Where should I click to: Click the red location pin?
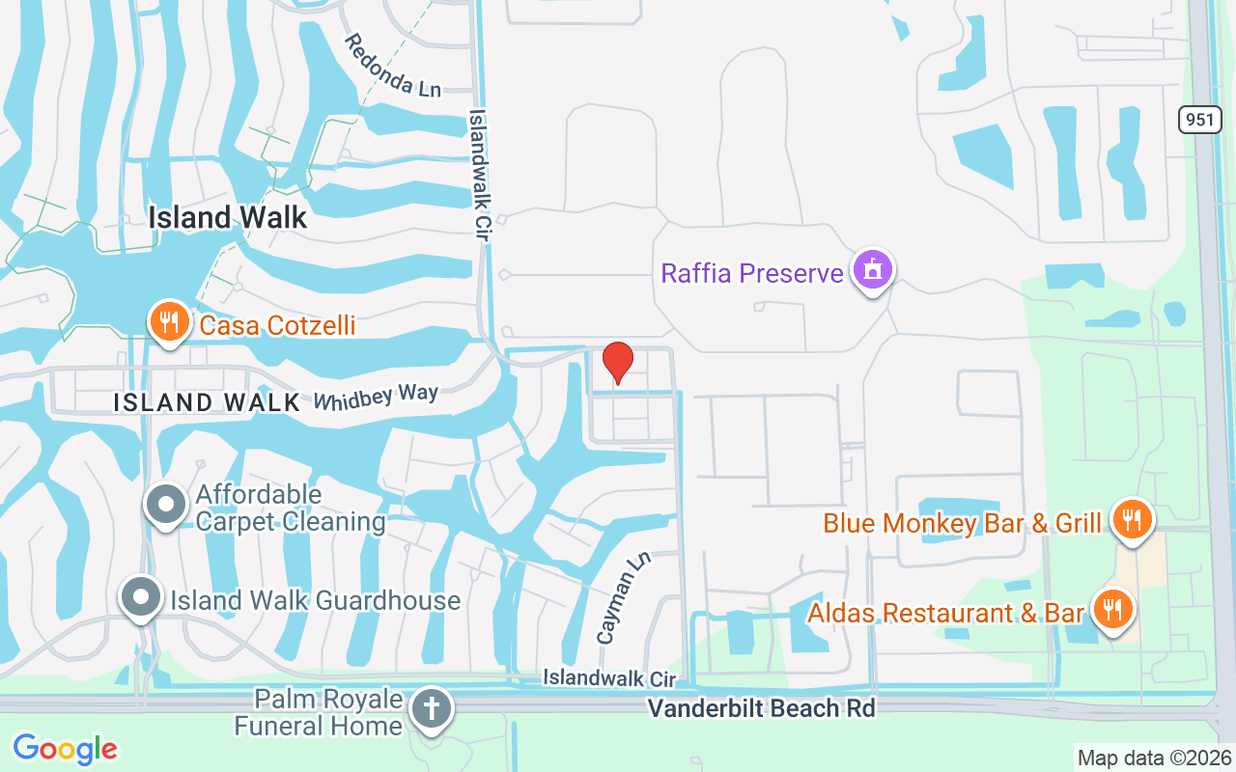click(618, 363)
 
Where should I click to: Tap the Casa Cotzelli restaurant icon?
click(169, 322)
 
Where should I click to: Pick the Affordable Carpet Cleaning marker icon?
click(166, 504)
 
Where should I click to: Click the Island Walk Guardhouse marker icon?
click(141, 598)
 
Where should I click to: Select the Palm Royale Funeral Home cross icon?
click(430, 709)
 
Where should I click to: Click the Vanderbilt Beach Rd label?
click(761, 708)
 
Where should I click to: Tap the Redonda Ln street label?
click(392, 66)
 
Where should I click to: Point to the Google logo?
click(65, 749)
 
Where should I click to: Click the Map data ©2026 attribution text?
click(1154, 758)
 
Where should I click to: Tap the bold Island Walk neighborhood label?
click(228, 217)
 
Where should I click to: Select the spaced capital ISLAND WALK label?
click(208, 402)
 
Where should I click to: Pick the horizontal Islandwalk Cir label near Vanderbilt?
click(608, 679)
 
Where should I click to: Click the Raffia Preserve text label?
click(752, 273)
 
